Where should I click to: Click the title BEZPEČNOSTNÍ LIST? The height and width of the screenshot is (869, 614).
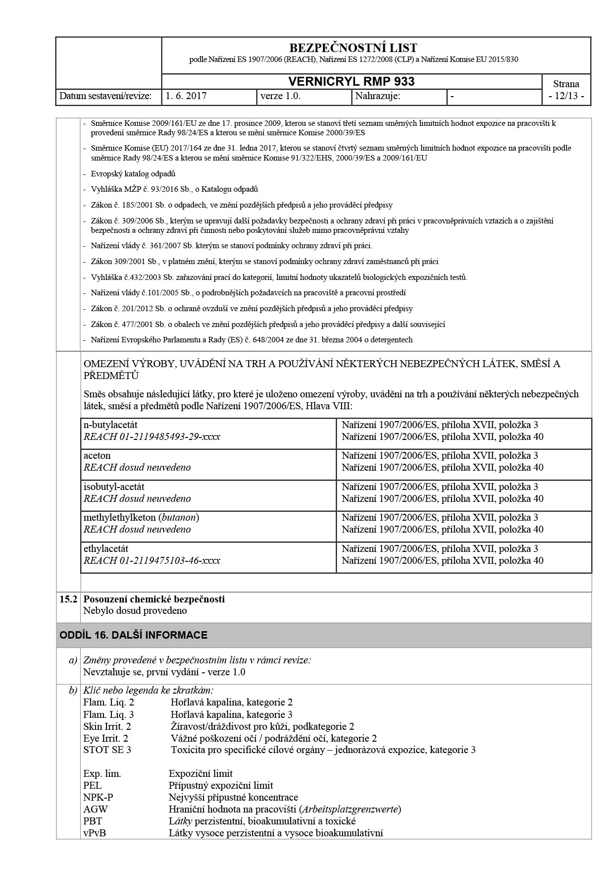click(x=353, y=48)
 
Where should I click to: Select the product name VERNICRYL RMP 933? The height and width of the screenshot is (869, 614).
click(x=351, y=82)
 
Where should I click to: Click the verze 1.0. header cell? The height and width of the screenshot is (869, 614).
click(x=280, y=96)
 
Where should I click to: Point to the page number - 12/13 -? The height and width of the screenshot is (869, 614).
click(x=566, y=96)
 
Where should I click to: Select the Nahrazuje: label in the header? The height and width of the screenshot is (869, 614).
click(x=378, y=96)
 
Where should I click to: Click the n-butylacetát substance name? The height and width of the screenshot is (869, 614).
click(x=110, y=425)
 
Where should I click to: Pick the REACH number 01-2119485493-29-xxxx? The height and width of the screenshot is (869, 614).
click(x=152, y=437)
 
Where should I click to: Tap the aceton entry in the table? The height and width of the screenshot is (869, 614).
click(x=97, y=455)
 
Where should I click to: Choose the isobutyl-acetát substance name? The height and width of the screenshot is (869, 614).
click(x=114, y=487)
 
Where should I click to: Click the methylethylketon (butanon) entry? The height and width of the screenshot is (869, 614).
click(x=141, y=517)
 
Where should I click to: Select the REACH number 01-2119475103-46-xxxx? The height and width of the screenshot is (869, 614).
click(x=152, y=561)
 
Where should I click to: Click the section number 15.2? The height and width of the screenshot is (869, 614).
click(x=68, y=599)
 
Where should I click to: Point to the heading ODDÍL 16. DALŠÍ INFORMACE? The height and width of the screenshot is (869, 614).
click(x=133, y=635)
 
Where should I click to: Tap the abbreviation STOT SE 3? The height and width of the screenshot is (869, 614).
click(x=107, y=750)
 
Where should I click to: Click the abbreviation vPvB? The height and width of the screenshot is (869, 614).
click(x=95, y=833)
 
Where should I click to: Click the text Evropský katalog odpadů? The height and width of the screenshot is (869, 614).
click(x=133, y=174)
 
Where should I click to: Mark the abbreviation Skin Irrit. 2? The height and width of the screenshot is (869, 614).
click(x=107, y=726)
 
